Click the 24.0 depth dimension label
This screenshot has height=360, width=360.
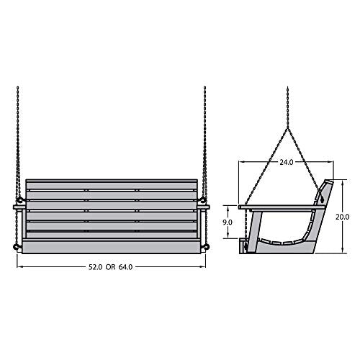click(287, 163)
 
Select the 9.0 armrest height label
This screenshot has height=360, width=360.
click(228, 222)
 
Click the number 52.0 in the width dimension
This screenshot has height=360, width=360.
click(91, 266)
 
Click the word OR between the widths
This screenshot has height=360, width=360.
click(108, 266)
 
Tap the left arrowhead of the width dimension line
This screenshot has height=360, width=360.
click(20, 266)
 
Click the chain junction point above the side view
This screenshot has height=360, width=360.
click(287, 128)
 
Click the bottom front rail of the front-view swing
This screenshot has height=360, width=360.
click(111, 248)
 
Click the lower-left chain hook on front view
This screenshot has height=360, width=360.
click(16, 248)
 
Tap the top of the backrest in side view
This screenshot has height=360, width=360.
click(328, 181)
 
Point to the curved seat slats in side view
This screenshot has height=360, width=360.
click(284, 240)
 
